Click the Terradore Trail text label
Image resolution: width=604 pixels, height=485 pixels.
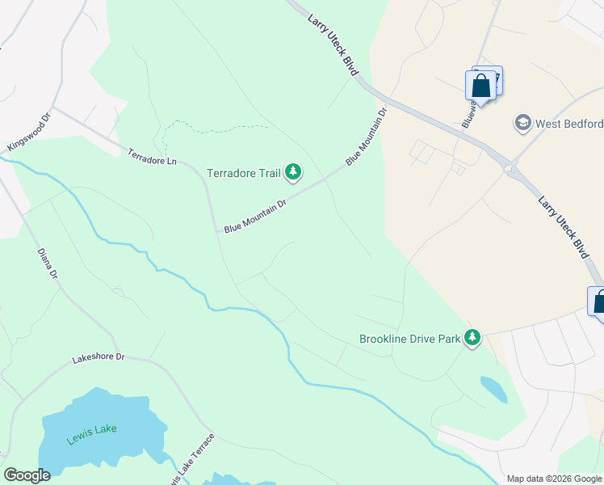click(243, 172)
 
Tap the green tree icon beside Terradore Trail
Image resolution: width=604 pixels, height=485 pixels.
click(293, 171)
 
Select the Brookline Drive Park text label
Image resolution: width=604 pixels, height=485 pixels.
click(409, 339)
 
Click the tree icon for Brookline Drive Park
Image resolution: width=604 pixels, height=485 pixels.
click(472, 338)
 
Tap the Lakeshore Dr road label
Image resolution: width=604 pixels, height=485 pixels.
click(99, 356)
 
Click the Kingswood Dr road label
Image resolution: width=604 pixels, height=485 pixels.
click(29, 132)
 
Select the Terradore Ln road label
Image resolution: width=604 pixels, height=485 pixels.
click(151, 156)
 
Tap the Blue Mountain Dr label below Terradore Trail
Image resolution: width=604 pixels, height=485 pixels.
click(255, 217)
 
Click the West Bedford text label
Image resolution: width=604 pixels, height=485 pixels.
click(569, 124)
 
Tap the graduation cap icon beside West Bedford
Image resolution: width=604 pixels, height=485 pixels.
click(522, 123)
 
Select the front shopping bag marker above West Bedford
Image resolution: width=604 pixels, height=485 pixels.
click(480, 86)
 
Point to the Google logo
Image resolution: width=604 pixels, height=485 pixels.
click(27, 475)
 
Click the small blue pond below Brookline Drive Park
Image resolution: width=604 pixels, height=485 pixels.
click(493, 388)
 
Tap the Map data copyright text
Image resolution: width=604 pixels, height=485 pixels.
click(554, 479)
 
